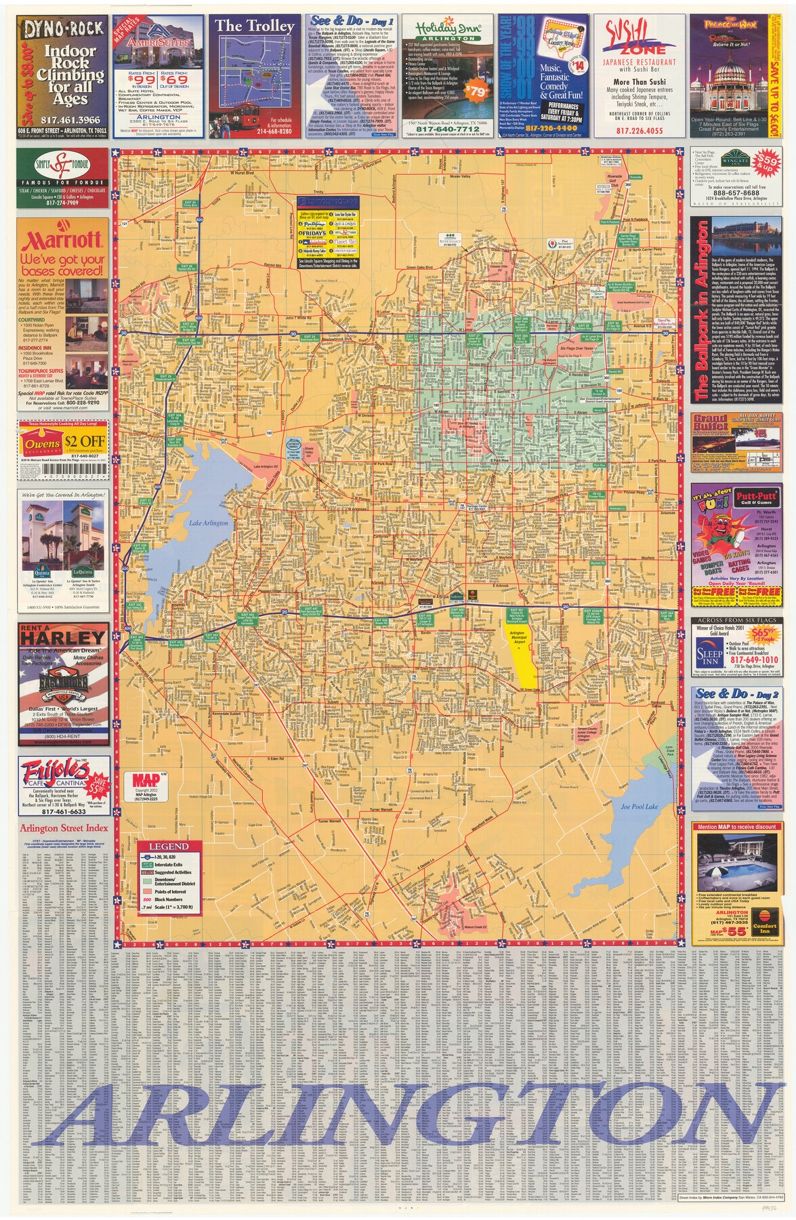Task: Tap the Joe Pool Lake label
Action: pos(640,807)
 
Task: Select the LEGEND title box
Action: pos(169,847)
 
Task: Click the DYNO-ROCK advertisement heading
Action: pos(64,28)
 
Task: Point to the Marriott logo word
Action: pos(62,240)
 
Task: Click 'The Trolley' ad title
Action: pos(255,26)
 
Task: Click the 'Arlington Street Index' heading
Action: pos(64,828)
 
